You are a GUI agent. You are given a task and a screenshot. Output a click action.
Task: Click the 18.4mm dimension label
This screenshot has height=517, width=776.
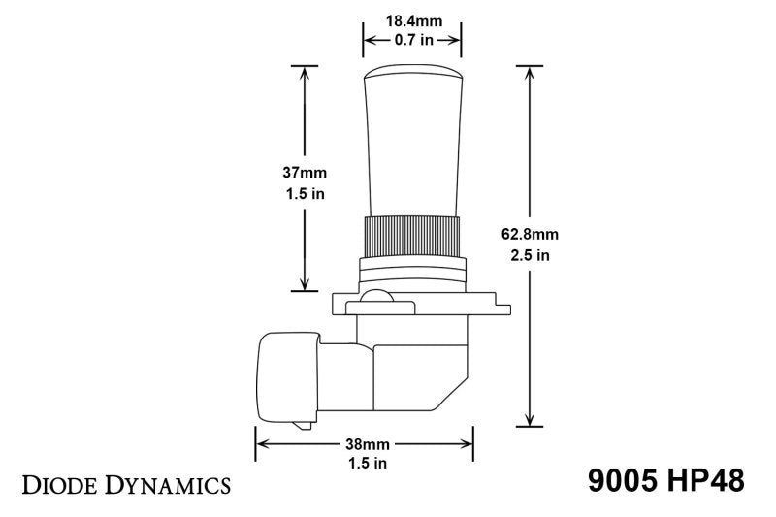(x=411, y=19)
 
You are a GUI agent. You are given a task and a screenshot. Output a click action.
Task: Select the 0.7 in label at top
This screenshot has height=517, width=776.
(x=411, y=40)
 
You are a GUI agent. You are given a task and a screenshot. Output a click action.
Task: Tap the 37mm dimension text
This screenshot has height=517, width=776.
(x=305, y=172)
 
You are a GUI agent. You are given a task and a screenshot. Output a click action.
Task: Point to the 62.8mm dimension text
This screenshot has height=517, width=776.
(x=531, y=235)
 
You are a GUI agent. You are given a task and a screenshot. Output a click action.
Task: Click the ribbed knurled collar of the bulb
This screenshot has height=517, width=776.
(x=411, y=235)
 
